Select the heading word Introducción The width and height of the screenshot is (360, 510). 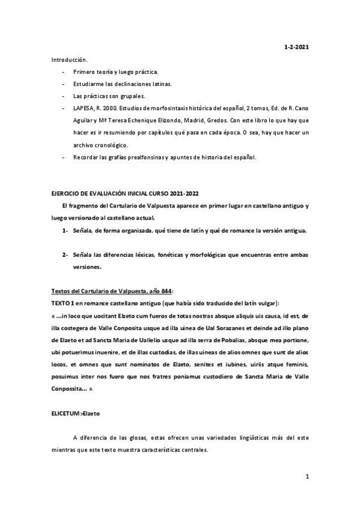(x=69, y=60)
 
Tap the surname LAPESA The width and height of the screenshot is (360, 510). (x=84, y=108)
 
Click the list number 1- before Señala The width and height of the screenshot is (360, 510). (x=64, y=230)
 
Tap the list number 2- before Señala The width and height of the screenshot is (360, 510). (x=64, y=254)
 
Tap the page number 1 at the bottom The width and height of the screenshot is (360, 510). (x=307, y=478)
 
